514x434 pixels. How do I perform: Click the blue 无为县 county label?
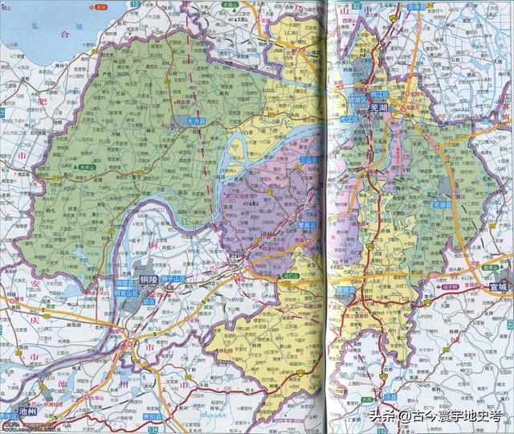[195, 121]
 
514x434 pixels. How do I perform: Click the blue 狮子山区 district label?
[173, 279]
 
